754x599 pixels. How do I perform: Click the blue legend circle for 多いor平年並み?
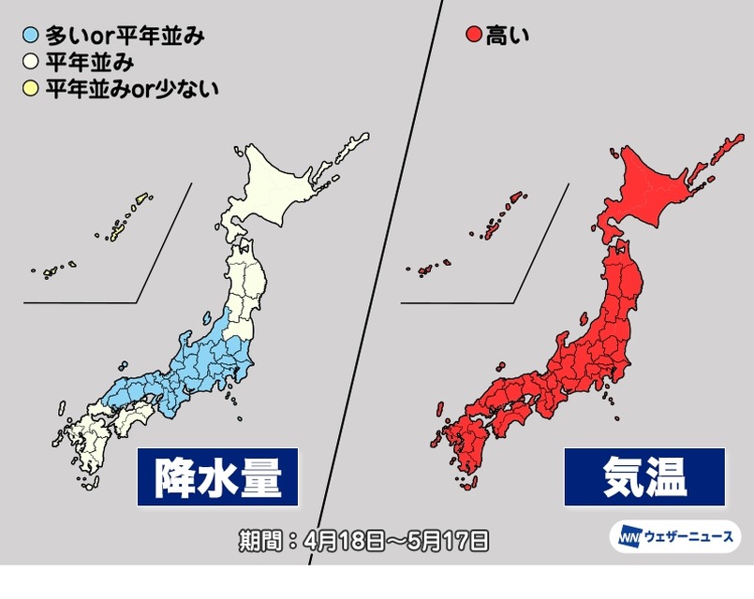click(x=31, y=37)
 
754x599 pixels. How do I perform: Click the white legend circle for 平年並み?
click(x=31, y=64)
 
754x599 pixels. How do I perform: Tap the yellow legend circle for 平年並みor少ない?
click(x=31, y=90)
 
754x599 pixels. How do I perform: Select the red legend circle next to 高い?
click(x=473, y=37)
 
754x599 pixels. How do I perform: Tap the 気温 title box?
click(x=643, y=476)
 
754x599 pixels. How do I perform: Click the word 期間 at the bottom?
click(x=258, y=540)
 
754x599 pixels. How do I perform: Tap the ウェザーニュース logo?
click(x=674, y=537)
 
